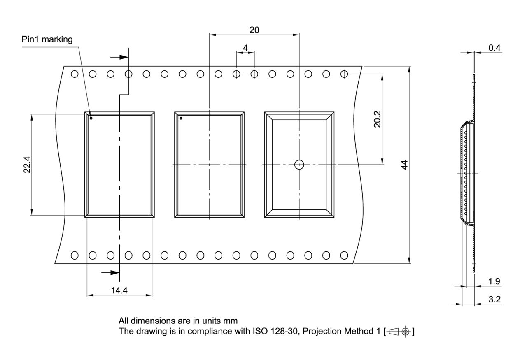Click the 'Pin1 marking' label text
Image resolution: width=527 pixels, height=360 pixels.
coord(47,39)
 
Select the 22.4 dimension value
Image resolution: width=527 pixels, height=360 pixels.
coord(27,165)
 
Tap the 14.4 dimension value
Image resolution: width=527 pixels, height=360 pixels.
coord(119,290)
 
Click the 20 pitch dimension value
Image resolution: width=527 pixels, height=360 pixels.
coord(254,30)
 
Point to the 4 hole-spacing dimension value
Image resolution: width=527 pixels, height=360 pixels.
coord(245,48)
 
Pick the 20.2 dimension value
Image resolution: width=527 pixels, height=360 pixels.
coord(377,119)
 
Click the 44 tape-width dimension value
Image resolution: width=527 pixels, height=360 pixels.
coord(404,165)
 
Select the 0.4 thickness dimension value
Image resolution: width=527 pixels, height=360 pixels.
coord(494,48)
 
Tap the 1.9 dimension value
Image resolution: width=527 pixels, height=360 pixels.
coord(494,281)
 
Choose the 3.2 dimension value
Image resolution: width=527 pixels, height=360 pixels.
coord(494,299)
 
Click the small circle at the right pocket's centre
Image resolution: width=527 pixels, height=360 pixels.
coord(299,165)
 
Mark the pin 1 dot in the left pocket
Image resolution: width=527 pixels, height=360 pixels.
coord(91,118)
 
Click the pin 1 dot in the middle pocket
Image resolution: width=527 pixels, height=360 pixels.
coord(181,118)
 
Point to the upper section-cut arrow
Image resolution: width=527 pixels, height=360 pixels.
coord(119,57)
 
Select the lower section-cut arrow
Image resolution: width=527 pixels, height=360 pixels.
coord(110,272)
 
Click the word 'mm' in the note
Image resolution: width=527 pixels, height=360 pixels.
coord(231,321)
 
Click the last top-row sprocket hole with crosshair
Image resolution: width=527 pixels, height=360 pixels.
coord(344,74)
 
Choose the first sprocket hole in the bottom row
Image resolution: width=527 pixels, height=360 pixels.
coord(75,255)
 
